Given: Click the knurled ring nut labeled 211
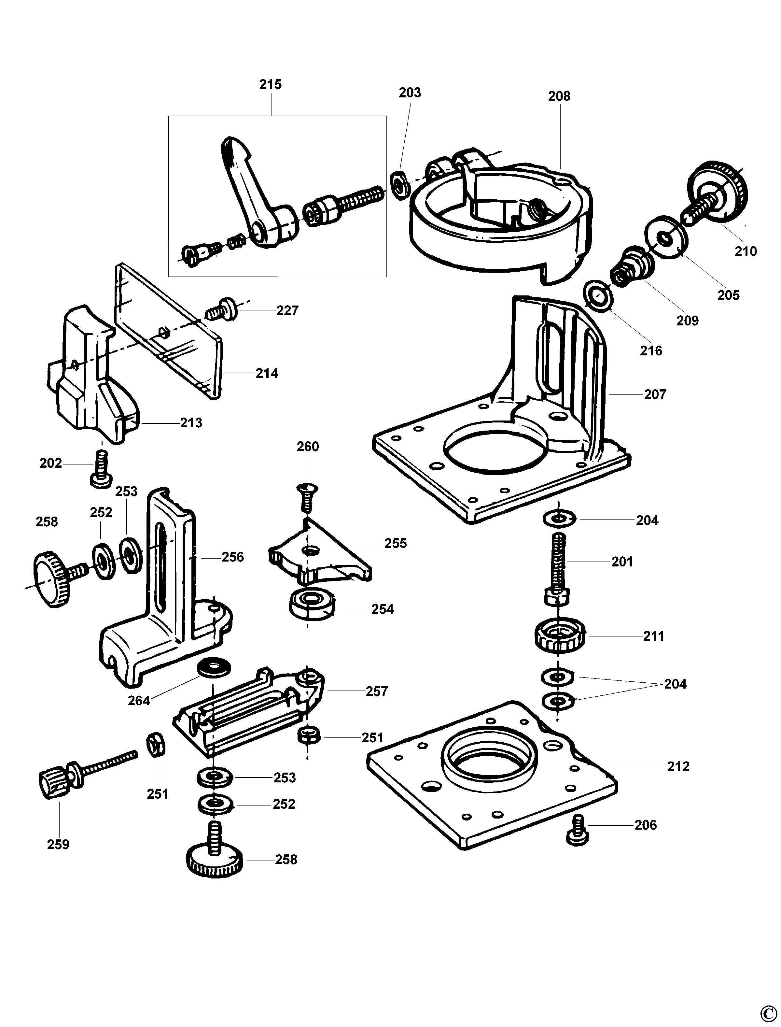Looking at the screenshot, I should click(560, 635).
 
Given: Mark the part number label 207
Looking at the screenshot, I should click(655, 394).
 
